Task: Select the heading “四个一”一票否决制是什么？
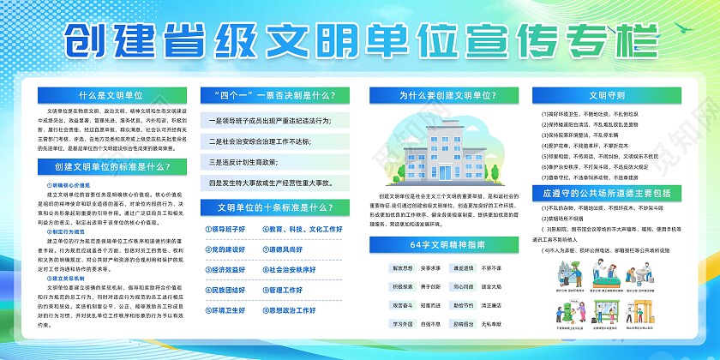point(273,95)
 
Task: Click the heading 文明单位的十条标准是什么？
point(273,207)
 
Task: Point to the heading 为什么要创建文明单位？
point(437,95)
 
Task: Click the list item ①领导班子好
point(224,230)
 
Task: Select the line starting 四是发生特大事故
point(273,182)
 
